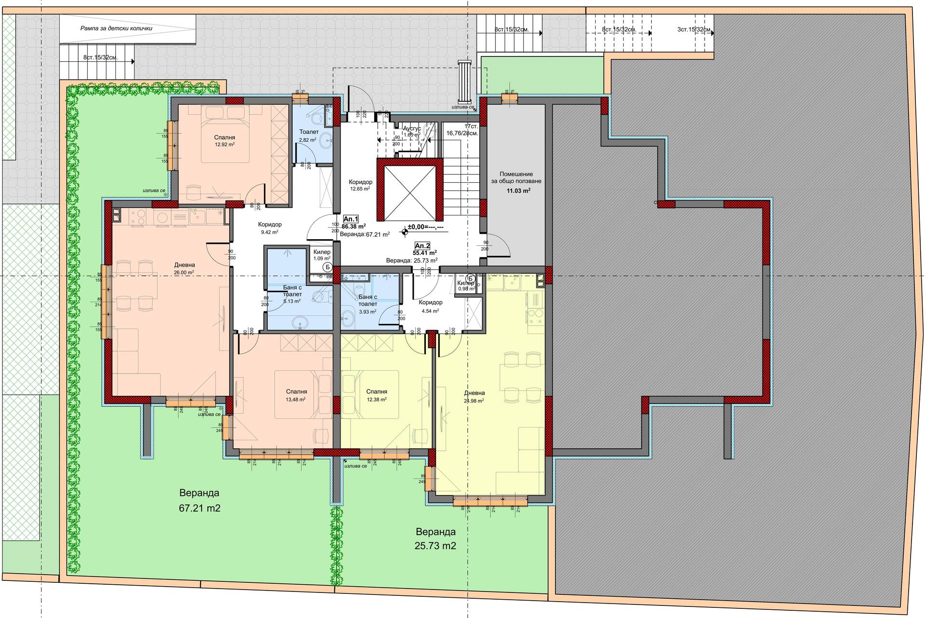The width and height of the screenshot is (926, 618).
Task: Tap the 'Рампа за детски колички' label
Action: pyautogui.click(x=116, y=28)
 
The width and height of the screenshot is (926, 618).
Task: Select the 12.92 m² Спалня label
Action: pyautogui.click(x=225, y=141)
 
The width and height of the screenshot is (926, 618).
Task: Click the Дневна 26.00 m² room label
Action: pyautogui.click(x=184, y=268)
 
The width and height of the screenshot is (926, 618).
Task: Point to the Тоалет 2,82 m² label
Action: pyautogui.click(x=309, y=135)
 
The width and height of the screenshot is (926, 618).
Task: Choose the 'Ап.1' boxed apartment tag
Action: pyautogui.click(x=351, y=219)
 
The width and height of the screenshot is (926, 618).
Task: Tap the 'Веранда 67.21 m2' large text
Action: pyautogui.click(x=199, y=500)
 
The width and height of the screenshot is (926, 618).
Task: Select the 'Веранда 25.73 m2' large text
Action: pyautogui.click(x=436, y=538)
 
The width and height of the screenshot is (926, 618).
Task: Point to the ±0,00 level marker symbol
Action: pyautogui.click(x=404, y=232)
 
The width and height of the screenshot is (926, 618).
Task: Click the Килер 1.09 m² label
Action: pyautogui.click(x=322, y=255)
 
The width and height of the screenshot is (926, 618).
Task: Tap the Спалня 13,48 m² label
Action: pyautogui.click(x=296, y=395)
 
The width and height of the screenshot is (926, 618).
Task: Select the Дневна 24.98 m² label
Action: pyautogui.click(x=474, y=396)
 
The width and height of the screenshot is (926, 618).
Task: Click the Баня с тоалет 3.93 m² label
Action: pyautogui.click(x=368, y=304)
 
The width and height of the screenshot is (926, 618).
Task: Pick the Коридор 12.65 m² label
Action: pyautogui.click(x=360, y=185)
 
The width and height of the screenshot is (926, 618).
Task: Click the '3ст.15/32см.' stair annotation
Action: pyautogui.click(x=694, y=29)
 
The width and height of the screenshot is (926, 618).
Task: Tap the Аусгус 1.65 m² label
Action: pyautogui.click(x=412, y=131)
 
